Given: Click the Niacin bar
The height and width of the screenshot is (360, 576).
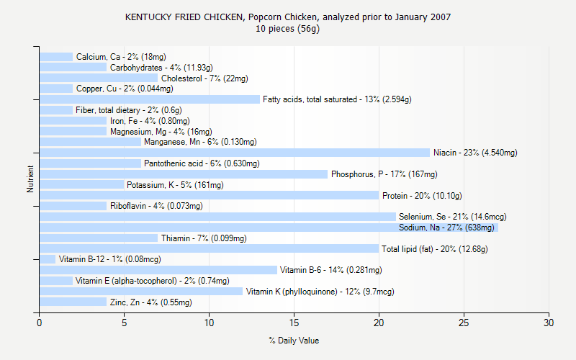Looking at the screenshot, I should click(234, 153).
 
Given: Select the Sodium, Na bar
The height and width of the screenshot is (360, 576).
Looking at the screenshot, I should click(268, 228).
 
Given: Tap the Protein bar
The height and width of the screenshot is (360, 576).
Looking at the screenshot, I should click(209, 195).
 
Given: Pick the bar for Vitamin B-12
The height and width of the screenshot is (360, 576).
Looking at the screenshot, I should click(48, 259).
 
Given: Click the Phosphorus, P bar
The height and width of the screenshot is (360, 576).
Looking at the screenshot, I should click(184, 174).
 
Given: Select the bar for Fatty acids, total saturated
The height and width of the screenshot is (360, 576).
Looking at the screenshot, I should click(150, 99).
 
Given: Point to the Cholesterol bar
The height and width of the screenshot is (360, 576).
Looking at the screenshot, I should click(99, 78).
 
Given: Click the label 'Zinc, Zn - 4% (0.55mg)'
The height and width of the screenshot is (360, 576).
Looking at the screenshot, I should click(150, 302).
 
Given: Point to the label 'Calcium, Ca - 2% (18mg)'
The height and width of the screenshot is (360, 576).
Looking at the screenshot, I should click(121, 57).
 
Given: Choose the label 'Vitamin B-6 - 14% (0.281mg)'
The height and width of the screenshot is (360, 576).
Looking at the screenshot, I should click(330, 270).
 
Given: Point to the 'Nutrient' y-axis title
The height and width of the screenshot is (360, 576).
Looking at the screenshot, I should click(30, 179).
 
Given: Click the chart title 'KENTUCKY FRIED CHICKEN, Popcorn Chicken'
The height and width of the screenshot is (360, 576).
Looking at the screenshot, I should click(288, 17).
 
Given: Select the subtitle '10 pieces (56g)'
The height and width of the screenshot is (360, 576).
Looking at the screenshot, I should click(288, 29).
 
